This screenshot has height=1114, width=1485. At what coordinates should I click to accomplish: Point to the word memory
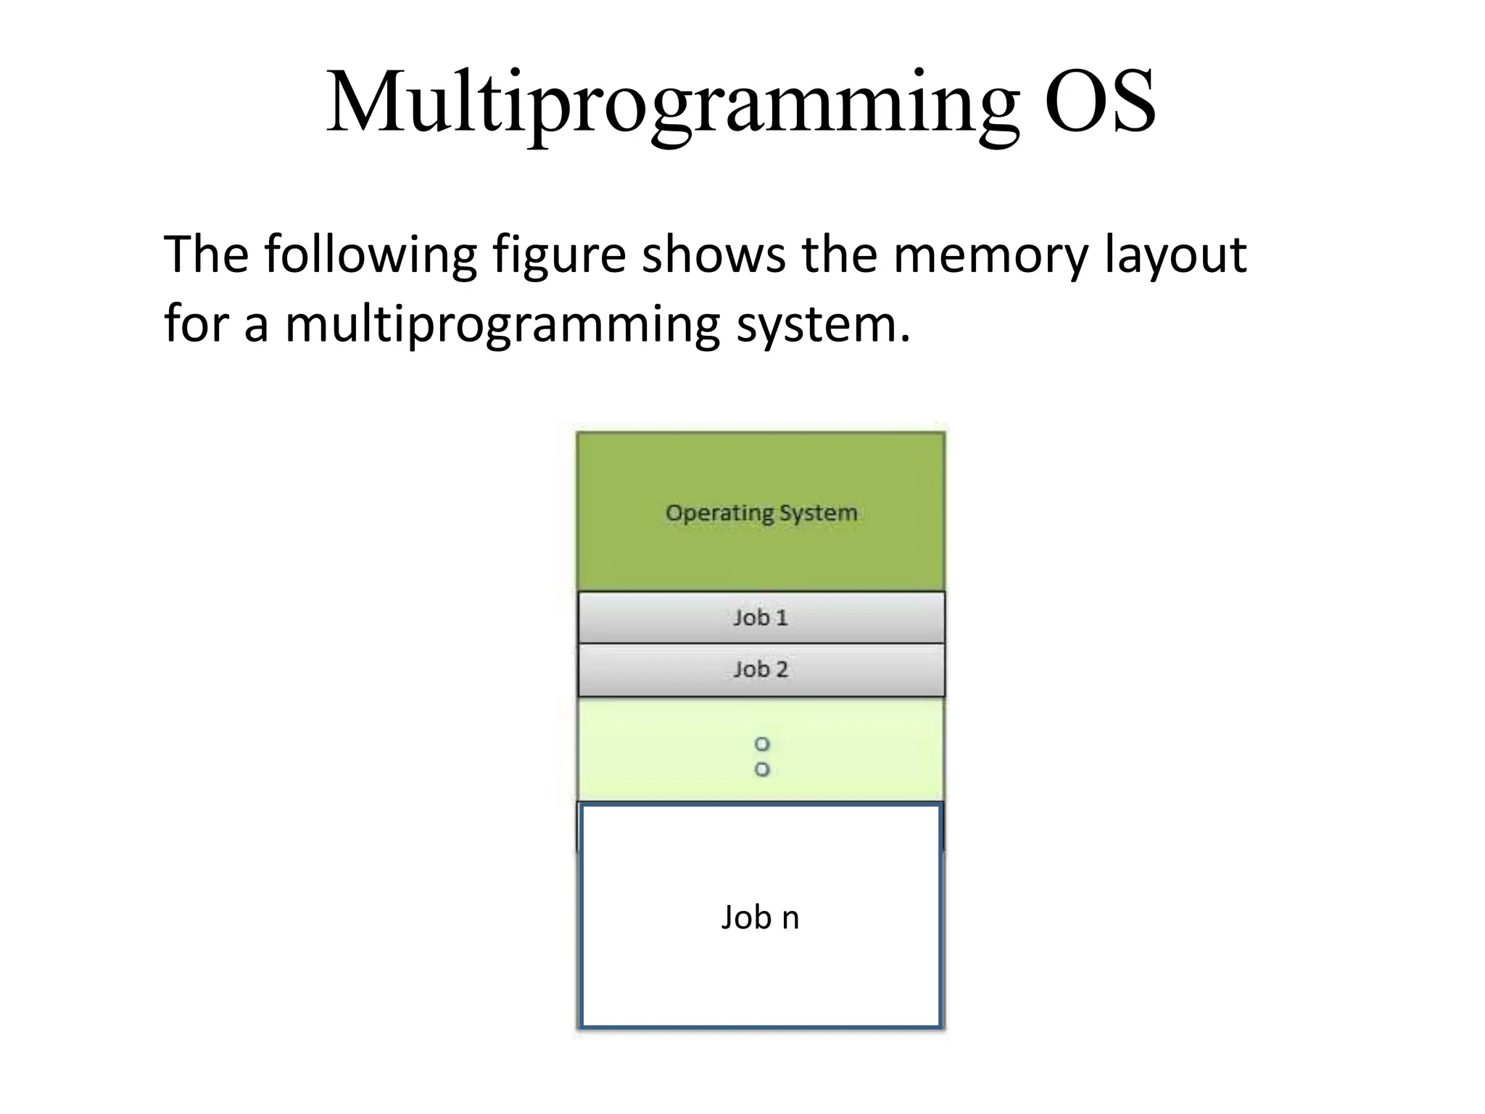pos(990,255)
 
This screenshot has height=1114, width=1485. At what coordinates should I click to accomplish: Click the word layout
pos(1175,255)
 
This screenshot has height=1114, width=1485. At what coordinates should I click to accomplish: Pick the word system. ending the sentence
pos(823,324)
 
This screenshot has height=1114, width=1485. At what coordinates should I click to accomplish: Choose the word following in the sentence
pos(370,255)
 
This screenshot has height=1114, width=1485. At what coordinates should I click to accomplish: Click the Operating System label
pos(761,513)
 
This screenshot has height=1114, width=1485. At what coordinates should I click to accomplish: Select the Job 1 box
pos(761,617)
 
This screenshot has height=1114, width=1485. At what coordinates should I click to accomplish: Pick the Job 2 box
pos(761,669)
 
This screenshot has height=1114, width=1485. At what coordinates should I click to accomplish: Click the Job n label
pos(760,917)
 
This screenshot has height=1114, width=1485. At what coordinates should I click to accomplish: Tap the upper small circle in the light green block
pos(761,744)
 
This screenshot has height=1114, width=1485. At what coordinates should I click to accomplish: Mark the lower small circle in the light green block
pos(761,769)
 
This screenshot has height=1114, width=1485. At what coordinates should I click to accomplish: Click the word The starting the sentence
pos(206,255)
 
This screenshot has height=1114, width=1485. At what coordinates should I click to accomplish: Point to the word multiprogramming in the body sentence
pos(502,324)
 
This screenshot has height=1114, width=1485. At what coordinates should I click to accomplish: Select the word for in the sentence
pos(195,324)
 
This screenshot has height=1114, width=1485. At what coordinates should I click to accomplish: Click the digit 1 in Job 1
pos(781,617)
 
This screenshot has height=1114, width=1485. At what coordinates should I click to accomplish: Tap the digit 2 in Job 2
pos(781,669)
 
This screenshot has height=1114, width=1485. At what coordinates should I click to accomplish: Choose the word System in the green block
pos(818,513)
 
